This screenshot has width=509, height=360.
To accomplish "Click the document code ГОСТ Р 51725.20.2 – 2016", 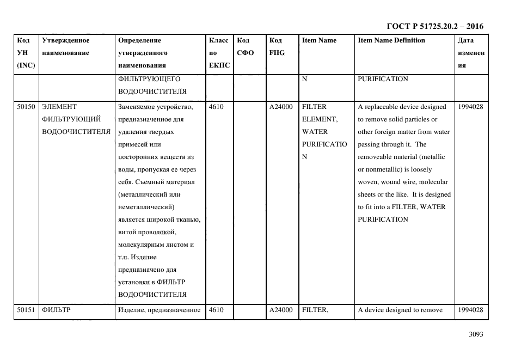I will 434,26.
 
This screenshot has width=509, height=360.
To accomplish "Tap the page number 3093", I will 476,334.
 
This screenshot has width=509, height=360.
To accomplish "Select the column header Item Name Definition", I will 391,40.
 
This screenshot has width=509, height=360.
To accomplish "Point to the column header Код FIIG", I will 277,47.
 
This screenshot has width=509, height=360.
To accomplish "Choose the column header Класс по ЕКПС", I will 219,53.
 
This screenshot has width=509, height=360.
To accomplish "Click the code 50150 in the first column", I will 26,107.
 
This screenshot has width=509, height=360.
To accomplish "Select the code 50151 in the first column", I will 26,310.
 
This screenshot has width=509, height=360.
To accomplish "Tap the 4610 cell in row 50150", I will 216,107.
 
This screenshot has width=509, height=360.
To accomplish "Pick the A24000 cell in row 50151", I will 281,310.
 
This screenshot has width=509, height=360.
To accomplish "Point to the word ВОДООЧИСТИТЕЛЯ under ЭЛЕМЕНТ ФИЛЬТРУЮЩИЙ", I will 76,132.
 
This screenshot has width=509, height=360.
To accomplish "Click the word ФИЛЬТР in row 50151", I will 57,310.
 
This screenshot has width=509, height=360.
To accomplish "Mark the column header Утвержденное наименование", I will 65,47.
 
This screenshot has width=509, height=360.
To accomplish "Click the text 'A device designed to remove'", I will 400,310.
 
